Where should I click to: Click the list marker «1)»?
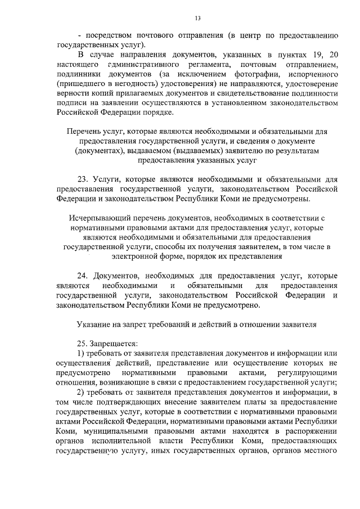(80, 353)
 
